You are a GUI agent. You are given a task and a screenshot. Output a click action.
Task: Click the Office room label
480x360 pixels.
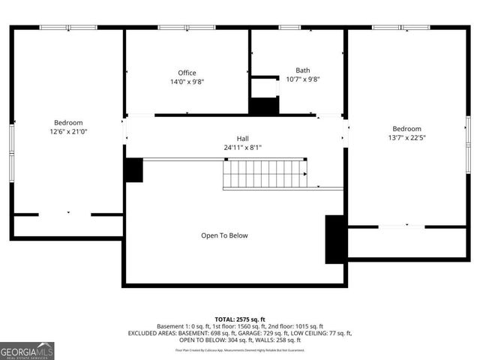[x=187, y=73]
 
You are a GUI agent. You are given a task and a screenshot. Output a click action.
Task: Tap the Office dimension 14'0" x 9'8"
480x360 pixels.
[x=187, y=82]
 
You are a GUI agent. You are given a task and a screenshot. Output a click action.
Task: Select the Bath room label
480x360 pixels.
[x=302, y=70]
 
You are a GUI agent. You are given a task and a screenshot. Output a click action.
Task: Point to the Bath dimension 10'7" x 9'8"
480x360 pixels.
[x=302, y=79]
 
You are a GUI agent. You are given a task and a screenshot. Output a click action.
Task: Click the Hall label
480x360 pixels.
[x=242, y=139]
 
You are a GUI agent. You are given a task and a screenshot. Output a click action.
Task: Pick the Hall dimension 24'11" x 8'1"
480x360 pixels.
[x=242, y=148]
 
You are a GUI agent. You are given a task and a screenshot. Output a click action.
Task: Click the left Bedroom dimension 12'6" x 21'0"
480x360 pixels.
[x=67, y=131]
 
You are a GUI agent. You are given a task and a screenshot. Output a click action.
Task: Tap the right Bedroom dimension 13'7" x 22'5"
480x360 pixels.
[x=406, y=137]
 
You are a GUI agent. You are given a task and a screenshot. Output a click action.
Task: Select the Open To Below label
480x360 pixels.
[x=223, y=235]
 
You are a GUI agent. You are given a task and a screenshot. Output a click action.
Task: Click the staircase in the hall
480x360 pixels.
[x=263, y=174]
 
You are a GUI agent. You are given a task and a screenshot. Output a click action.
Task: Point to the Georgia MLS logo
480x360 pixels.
[x=27, y=350]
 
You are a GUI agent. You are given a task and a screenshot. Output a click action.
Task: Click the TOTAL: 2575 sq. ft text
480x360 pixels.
[x=240, y=319]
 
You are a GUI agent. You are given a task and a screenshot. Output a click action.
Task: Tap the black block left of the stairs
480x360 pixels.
[x=133, y=170]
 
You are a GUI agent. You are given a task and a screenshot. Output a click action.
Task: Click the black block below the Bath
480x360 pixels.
[x=264, y=106]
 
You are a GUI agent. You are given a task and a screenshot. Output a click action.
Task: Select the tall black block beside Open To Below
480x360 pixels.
[x=334, y=238]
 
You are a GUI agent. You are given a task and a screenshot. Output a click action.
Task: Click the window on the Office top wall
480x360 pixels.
[x=187, y=28]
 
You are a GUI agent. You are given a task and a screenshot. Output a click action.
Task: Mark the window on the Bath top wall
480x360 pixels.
[x=289, y=28]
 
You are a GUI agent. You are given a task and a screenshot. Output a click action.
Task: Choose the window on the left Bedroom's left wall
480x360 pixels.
[x=11, y=142]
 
